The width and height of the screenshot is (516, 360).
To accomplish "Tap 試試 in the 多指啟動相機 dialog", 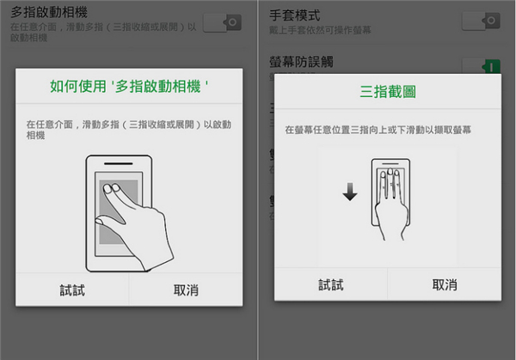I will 72,290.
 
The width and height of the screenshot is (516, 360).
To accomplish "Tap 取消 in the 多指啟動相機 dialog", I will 186,290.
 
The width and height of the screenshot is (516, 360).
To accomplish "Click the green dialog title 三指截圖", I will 386,91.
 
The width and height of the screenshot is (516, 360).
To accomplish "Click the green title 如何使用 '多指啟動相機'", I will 130,87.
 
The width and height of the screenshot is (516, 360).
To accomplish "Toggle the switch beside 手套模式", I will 480,20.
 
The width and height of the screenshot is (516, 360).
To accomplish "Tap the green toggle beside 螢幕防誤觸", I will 480,65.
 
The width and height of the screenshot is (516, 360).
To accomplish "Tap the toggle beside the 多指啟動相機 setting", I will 221,21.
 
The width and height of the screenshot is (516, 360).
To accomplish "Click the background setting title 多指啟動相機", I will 49,12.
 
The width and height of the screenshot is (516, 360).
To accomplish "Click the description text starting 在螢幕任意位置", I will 386,130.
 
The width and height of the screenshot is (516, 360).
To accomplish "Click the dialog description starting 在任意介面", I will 129,130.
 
